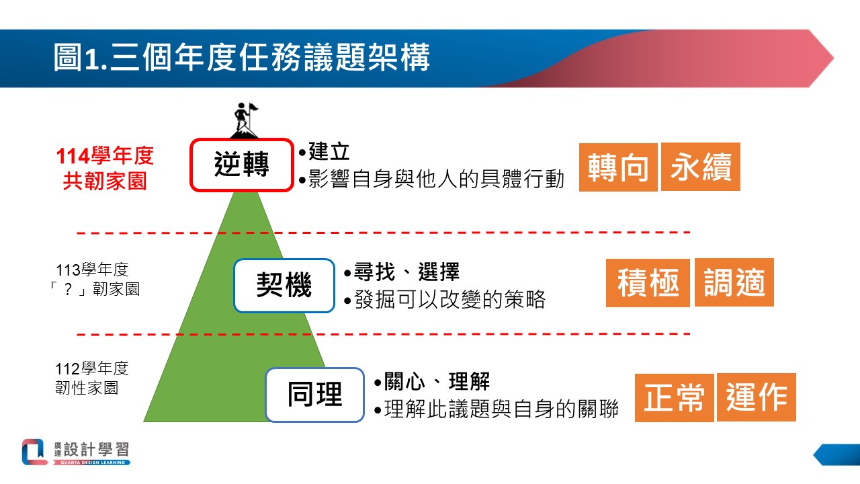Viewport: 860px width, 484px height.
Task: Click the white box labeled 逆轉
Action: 242,165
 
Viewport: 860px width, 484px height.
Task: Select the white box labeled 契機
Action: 284,286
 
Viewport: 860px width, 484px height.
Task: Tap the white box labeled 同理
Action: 315,395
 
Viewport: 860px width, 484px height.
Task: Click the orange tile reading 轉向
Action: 618,167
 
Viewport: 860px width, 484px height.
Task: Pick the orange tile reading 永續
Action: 701,167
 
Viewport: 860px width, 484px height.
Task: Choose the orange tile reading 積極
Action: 648,283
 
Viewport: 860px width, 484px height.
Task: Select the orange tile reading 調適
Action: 734,282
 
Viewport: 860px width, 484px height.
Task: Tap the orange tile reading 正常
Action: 674,397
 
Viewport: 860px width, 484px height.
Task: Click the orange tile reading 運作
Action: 757,397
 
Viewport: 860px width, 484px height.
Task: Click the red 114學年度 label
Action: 105,156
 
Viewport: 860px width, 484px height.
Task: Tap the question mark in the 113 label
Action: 68,290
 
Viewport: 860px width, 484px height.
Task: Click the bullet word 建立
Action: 329,151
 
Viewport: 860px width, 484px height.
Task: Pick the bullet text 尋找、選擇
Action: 406,272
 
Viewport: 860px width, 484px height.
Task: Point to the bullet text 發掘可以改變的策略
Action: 449,299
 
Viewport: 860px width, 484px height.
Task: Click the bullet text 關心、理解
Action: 437,381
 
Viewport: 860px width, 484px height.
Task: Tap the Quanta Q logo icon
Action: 34,452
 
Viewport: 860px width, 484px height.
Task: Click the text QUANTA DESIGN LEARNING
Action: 92,462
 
